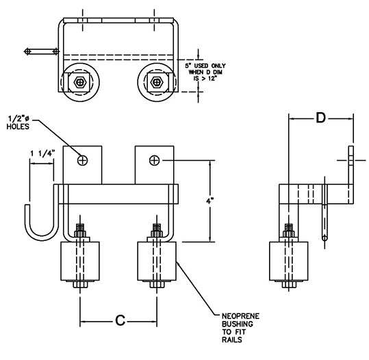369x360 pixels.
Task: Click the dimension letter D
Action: coord(320,118)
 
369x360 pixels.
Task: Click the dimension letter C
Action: coord(120,320)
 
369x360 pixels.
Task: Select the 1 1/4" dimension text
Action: coord(43,153)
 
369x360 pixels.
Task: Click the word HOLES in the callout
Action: coord(18,127)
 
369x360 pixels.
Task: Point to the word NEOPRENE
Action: coord(240,316)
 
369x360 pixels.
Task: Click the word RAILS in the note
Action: coord(232,339)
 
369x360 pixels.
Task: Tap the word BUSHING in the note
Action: coord(238,324)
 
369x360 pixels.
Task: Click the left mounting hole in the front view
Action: coord(82,160)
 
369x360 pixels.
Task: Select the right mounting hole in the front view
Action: coord(155,160)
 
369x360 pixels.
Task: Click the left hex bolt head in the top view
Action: coord(80,82)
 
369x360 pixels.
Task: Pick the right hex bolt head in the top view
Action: coord(156,82)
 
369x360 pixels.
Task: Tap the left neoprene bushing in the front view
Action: coord(80,261)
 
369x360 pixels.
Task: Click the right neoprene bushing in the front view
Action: coord(157,261)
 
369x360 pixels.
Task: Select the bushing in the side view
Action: coord(288,261)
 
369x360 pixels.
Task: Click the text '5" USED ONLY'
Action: coord(205,66)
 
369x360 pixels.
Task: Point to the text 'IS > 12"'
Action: coord(205,78)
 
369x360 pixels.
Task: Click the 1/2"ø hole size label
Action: coord(18,118)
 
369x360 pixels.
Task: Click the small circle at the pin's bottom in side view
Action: coord(325,238)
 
